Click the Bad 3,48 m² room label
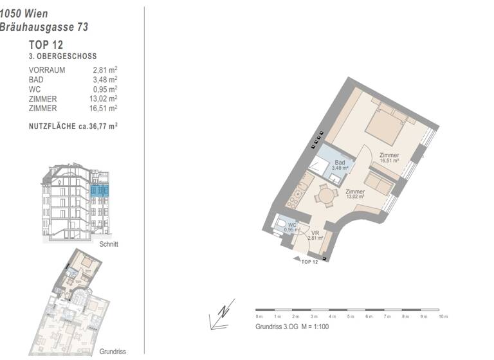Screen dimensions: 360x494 click(340, 165)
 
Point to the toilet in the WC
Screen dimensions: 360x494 click(282, 225)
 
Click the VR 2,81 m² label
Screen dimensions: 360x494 click(315, 236)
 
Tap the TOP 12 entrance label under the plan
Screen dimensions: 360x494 click(310, 262)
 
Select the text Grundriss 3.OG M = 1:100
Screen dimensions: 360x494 click(292, 327)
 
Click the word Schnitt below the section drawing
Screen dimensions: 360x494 click(109, 245)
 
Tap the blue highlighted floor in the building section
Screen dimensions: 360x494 click(100, 191)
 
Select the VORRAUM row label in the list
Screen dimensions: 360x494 click(47, 70)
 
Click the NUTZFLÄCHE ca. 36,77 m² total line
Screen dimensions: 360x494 click(73, 127)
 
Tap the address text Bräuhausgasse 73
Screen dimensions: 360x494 click(44, 27)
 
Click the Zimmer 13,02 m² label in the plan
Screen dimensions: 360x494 click(355, 194)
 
